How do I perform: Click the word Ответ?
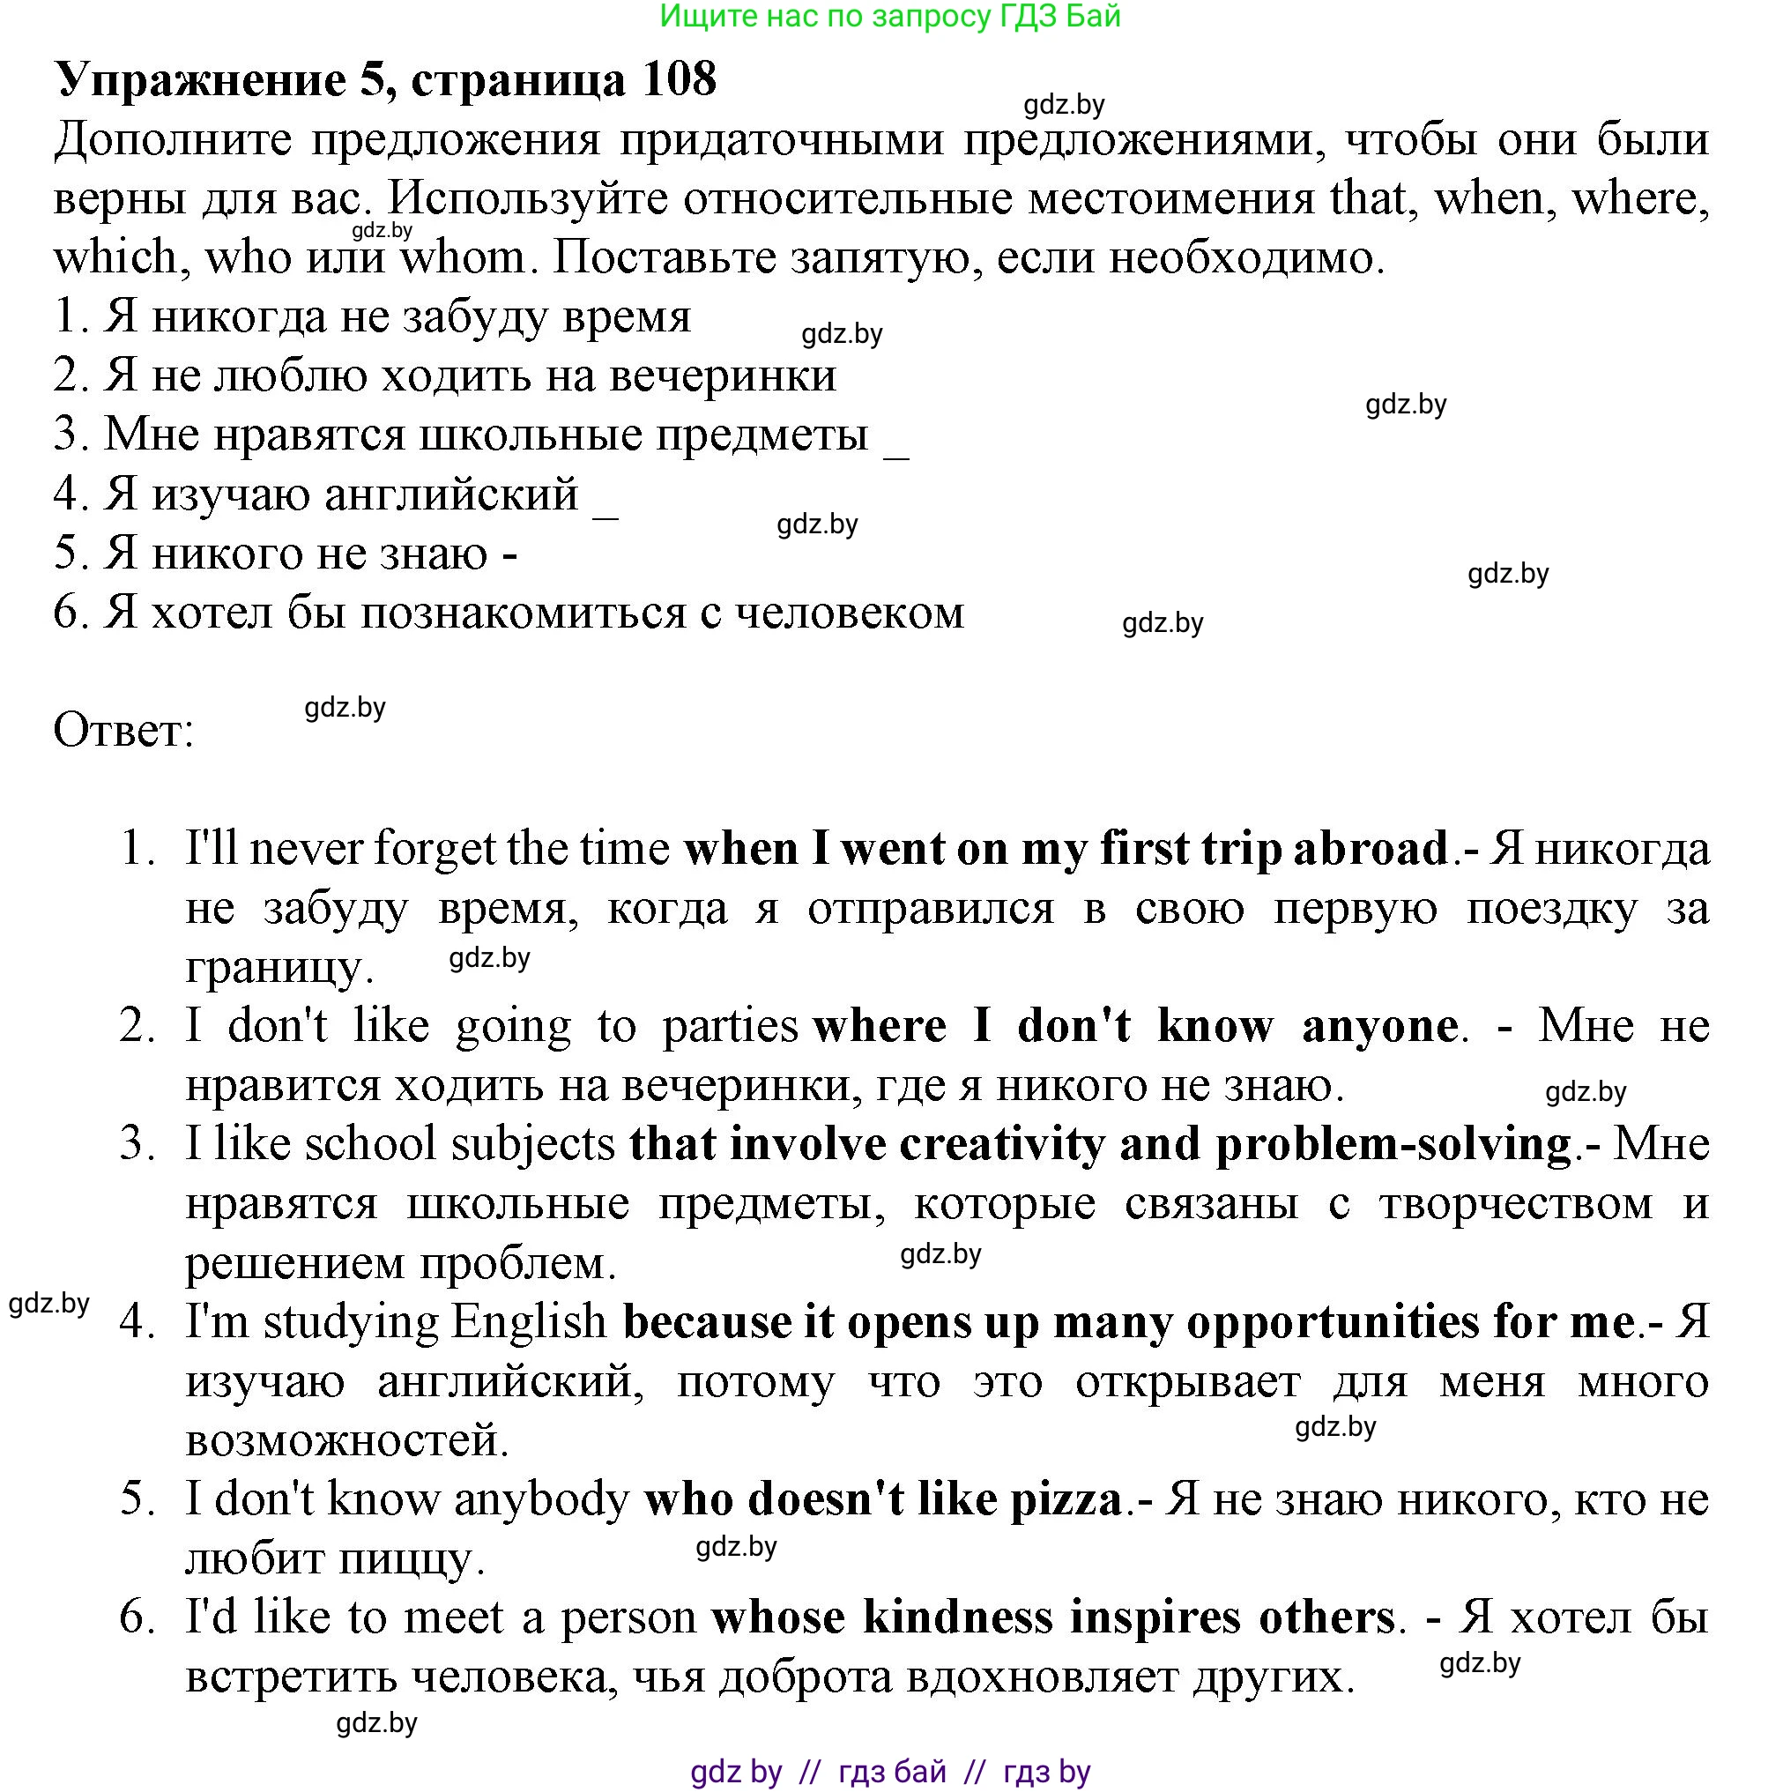pos(123,731)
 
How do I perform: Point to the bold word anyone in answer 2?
pos(1379,1026)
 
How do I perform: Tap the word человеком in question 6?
pos(849,613)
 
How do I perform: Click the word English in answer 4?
pos(527,1321)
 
